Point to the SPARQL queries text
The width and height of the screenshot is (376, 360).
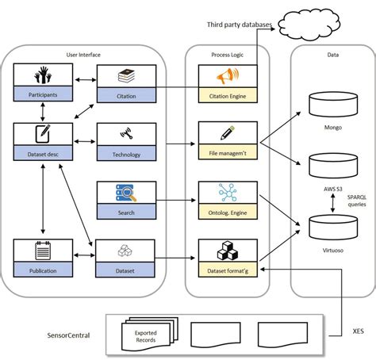[355, 204]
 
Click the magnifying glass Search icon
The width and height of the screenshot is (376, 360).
[125, 193]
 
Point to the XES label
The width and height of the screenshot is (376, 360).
[358, 331]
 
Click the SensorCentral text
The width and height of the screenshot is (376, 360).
[67, 335]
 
